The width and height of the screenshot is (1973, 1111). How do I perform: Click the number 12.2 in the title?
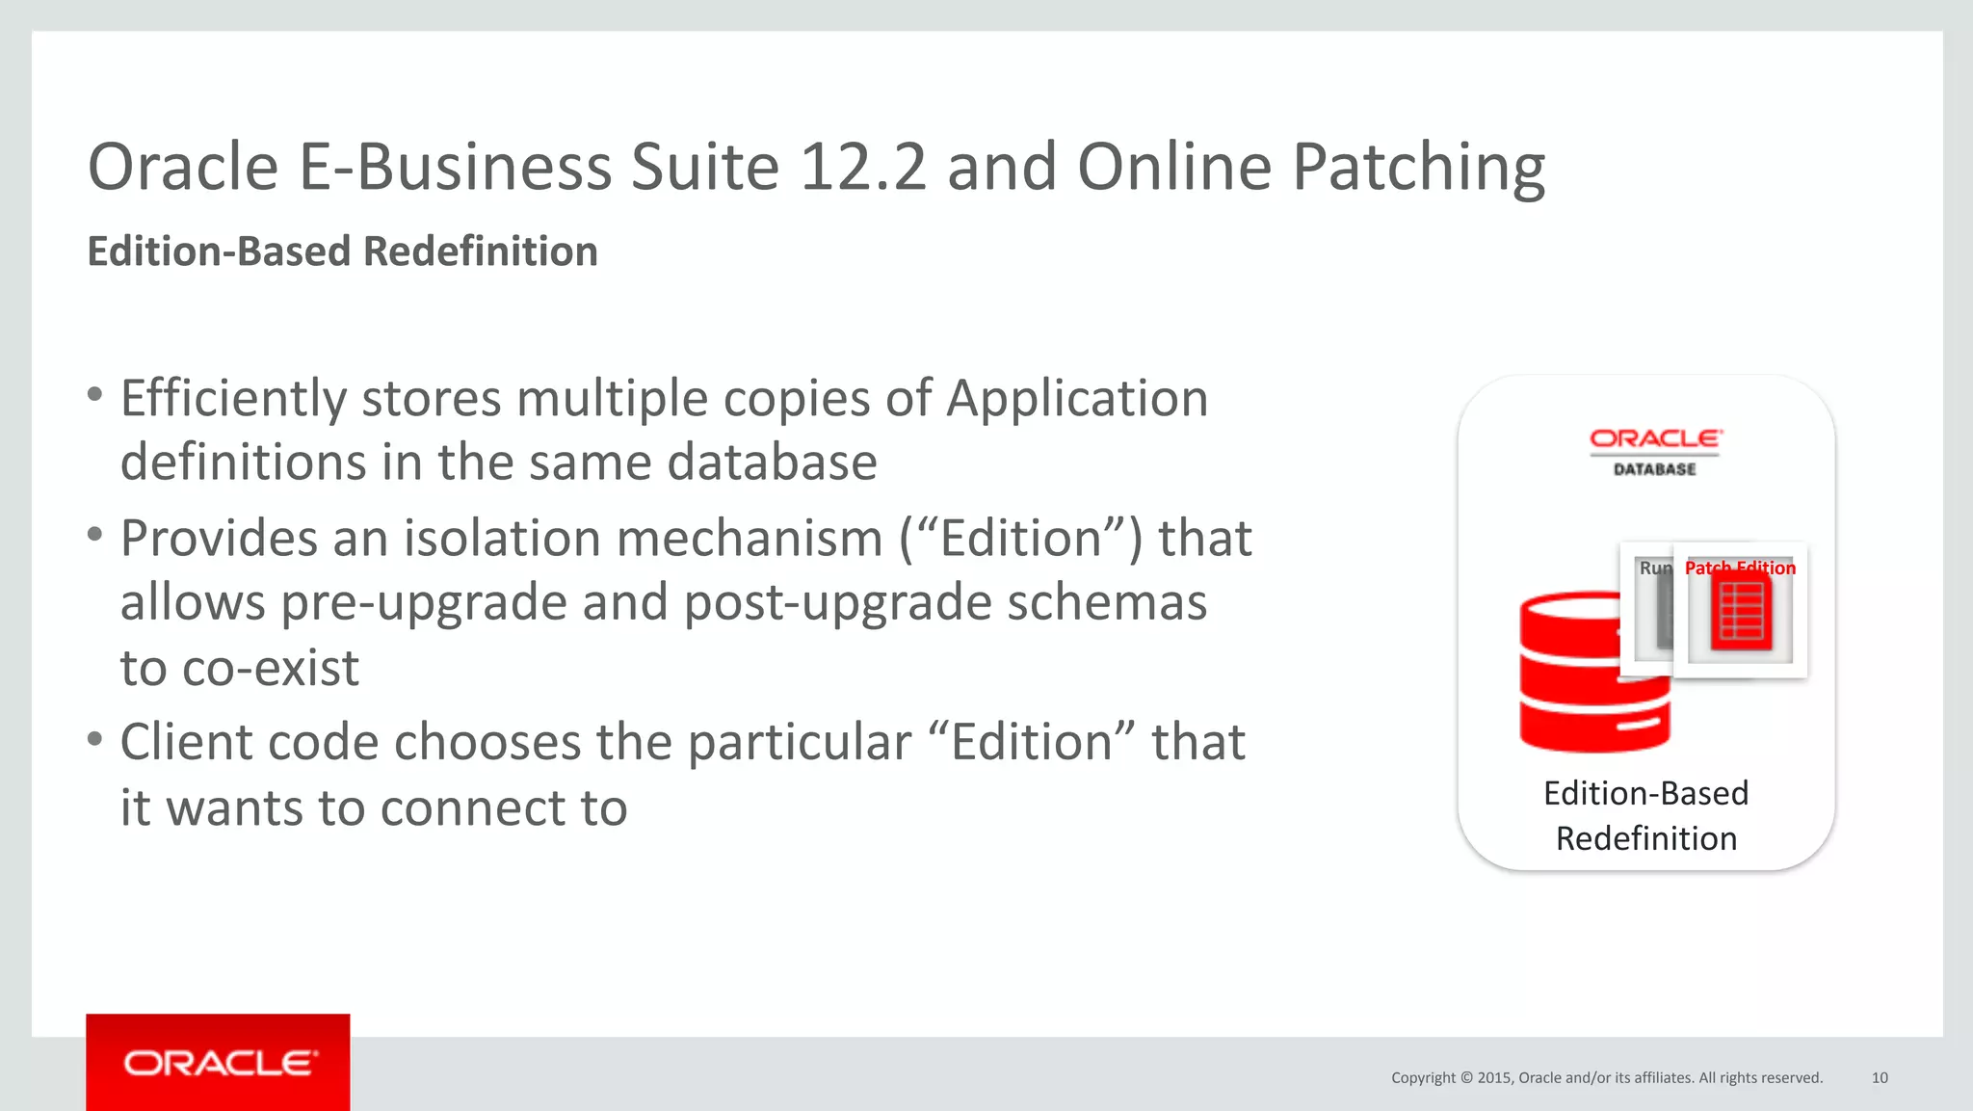tap(862, 168)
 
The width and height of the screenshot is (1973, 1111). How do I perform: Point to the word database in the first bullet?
tap(772, 463)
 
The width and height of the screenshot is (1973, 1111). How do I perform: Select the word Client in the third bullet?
tap(185, 743)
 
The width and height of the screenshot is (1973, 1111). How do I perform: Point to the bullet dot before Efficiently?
tap(94, 395)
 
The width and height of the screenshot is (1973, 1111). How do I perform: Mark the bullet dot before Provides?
tap(94, 535)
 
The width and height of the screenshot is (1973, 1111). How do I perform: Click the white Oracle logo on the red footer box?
tap(219, 1063)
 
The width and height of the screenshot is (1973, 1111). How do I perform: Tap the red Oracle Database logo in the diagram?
tap(1655, 451)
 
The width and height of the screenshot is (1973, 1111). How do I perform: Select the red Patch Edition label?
tap(1740, 568)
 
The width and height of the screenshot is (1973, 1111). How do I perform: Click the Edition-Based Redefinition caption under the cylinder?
tap(1645, 815)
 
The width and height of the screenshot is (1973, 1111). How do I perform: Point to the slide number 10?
tap(1880, 1077)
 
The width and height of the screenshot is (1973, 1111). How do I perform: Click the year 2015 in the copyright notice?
tap(1494, 1077)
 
